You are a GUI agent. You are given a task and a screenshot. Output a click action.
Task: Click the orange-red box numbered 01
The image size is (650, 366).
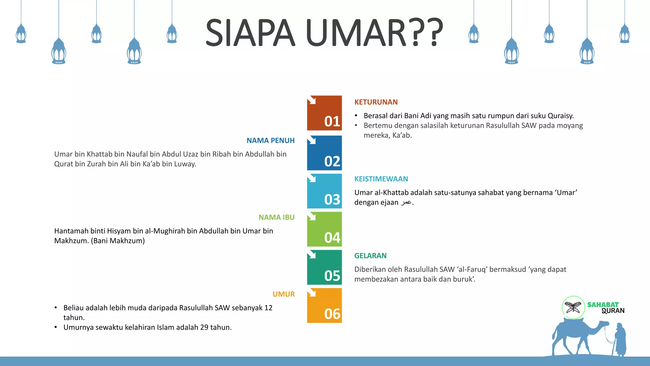coord(324,113)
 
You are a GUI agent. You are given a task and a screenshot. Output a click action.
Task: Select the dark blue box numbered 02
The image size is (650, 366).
coord(324,153)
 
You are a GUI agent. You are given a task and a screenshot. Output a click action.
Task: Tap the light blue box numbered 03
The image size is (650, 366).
coord(324,191)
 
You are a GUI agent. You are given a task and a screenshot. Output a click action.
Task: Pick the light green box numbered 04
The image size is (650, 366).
coord(324,229)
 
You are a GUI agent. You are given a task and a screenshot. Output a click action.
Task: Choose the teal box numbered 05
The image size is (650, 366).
coord(324,267)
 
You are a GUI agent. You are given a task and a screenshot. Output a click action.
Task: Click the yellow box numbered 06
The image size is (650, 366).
coord(324,305)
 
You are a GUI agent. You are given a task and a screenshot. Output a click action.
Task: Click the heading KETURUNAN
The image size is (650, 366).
coord(376,102)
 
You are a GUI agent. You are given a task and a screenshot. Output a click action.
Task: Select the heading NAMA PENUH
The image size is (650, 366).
coord(270,140)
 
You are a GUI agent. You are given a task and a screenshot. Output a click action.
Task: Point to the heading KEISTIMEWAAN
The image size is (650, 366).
coord(381,179)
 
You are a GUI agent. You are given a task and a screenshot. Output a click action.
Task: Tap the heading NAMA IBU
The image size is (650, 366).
coord(276,217)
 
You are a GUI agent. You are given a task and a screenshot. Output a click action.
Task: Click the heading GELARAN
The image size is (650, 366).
coord(370,256)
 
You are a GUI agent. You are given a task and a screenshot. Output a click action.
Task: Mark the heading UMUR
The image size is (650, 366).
coord(283,294)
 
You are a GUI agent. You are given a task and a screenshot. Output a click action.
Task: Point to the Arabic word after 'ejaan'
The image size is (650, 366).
coord(406,202)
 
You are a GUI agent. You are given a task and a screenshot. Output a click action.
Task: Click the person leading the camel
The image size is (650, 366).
coord(620,340)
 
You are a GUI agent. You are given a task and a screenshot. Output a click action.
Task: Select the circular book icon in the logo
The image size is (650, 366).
coord(573,307)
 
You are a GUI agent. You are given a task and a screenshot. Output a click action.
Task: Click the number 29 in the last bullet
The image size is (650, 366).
coord(204,327)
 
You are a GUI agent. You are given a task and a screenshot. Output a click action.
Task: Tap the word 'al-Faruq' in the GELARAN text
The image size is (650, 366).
coord(472,269)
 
